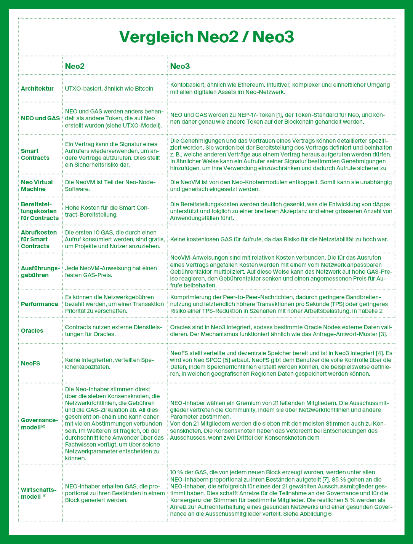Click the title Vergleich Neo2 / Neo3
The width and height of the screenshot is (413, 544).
click(x=206, y=37)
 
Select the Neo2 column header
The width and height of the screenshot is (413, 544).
click(x=74, y=66)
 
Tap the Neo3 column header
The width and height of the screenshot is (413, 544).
click(x=180, y=66)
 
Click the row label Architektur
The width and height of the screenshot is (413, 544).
click(x=37, y=89)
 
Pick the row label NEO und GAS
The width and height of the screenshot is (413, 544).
click(x=40, y=118)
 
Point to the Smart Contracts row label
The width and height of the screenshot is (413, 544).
click(x=35, y=154)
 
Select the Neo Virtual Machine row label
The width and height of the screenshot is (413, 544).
click(x=37, y=185)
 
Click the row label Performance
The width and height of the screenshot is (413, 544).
click(x=39, y=304)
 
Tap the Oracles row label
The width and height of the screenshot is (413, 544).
click(x=32, y=330)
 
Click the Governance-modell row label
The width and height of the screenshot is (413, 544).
click(x=39, y=424)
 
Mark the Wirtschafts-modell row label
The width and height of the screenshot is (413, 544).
click(x=38, y=493)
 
